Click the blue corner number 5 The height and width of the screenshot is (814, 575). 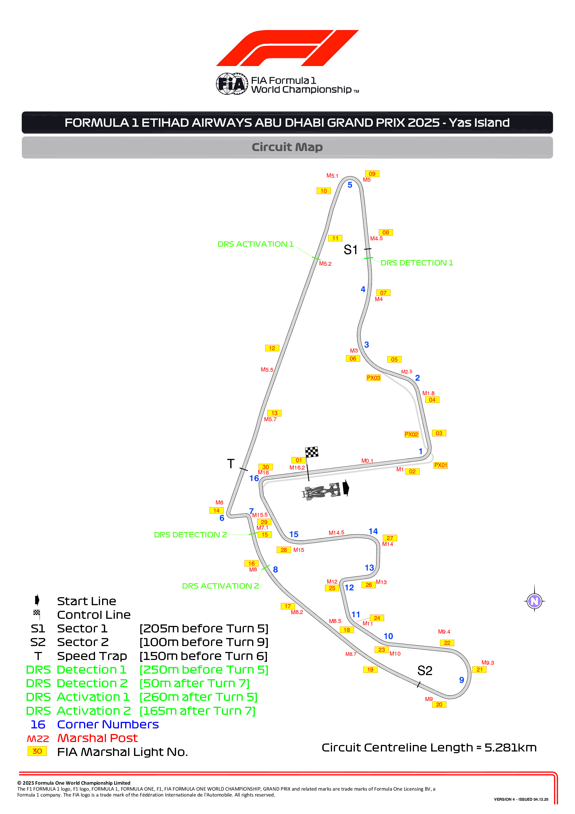pos(350,185)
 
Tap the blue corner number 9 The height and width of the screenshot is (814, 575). pos(461,680)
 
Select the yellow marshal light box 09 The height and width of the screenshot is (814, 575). pos(372,174)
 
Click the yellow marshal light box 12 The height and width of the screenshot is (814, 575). pos(272,348)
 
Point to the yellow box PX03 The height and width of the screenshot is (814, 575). pos(373,378)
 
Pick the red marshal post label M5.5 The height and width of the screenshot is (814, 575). pos(267,369)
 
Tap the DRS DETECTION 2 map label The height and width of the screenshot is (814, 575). pos(190,535)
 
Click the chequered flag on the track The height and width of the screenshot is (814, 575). pos(312,452)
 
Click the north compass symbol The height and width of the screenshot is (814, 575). pos(534,601)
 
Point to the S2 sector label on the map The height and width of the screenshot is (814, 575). pos(425,670)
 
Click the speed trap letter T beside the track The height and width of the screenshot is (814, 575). pos(231,463)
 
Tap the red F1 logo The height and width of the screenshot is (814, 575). pos(287,48)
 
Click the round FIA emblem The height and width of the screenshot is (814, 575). pos(232,84)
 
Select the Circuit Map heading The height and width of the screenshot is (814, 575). pos(287,147)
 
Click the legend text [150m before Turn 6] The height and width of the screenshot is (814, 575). pos(203,656)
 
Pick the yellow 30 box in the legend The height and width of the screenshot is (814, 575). pos(37,751)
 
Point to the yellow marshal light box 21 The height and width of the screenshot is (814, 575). pos(479,669)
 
